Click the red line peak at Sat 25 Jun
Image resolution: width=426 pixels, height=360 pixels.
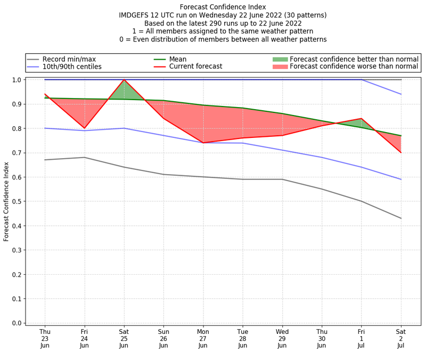[x=124, y=80]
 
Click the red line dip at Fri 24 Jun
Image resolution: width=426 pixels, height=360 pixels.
[x=84, y=128]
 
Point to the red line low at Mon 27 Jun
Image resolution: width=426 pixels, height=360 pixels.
[x=203, y=143]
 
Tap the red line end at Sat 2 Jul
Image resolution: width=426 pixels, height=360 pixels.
[x=401, y=153]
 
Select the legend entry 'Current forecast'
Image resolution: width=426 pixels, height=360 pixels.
[x=195, y=67]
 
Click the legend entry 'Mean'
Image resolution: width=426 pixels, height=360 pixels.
[x=178, y=59]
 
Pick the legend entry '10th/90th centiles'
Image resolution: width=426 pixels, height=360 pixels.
[x=71, y=67]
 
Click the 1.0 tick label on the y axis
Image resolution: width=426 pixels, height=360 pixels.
[x=17, y=80]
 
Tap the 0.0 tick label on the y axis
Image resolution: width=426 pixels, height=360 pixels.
[x=17, y=323]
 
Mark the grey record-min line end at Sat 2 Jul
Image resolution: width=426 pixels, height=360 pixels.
[x=401, y=218]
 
